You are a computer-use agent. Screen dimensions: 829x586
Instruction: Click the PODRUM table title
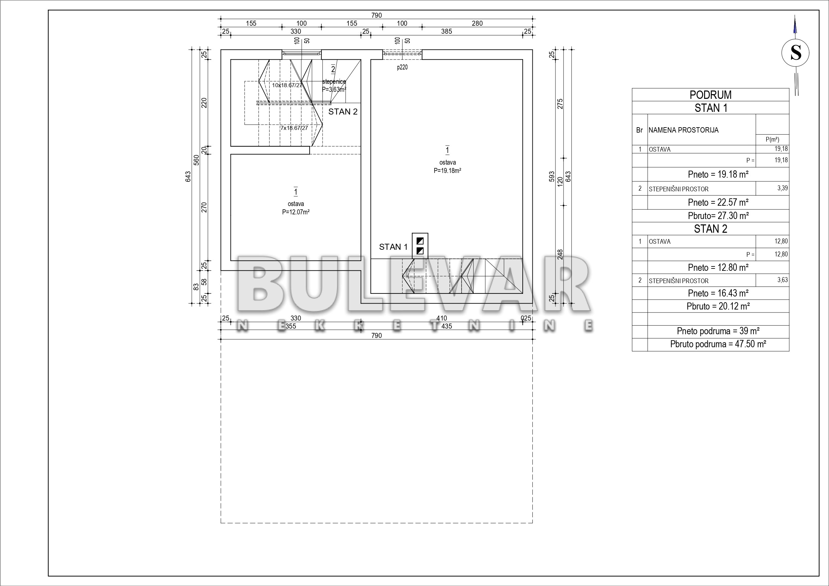coord(710,95)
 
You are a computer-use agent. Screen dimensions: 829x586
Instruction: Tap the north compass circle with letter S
coord(795,53)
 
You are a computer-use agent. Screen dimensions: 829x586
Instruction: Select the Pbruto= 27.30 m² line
coord(718,216)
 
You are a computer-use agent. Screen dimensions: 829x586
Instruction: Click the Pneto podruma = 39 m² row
coord(718,331)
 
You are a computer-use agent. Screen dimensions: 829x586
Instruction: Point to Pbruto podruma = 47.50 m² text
coord(718,344)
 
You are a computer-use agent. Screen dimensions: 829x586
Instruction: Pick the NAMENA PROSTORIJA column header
coord(683,130)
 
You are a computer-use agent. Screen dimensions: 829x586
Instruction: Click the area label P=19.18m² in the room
coord(447,171)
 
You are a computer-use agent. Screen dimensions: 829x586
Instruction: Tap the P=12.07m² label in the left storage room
coord(296,212)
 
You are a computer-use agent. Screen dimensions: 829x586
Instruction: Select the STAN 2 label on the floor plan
coord(343,112)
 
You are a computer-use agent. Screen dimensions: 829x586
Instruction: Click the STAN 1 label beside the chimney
coord(393,247)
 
